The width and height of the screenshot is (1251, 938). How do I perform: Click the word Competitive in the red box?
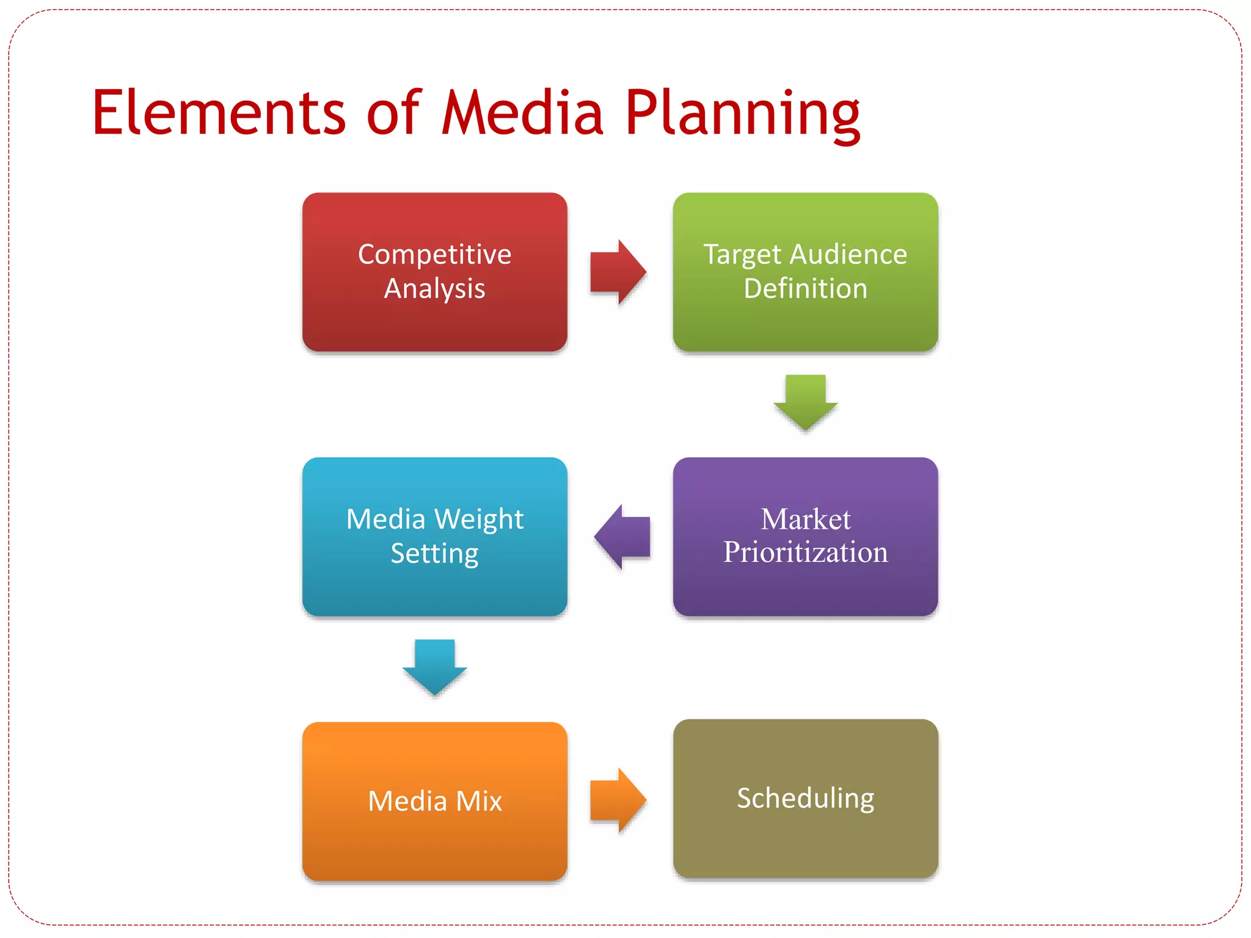(x=434, y=255)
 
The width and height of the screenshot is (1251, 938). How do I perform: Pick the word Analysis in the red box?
(x=434, y=289)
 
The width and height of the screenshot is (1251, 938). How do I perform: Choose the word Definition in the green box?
(x=805, y=289)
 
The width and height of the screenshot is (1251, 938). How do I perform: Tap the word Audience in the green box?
(x=848, y=255)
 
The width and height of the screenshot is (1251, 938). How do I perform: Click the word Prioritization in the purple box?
(x=805, y=553)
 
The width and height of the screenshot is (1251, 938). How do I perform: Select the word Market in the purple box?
(x=805, y=520)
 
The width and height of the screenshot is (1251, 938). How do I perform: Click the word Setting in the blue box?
(x=434, y=554)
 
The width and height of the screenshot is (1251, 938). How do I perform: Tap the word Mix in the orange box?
(x=479, y=801)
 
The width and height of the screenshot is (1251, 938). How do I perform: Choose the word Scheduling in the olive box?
(x=805, y=799)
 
